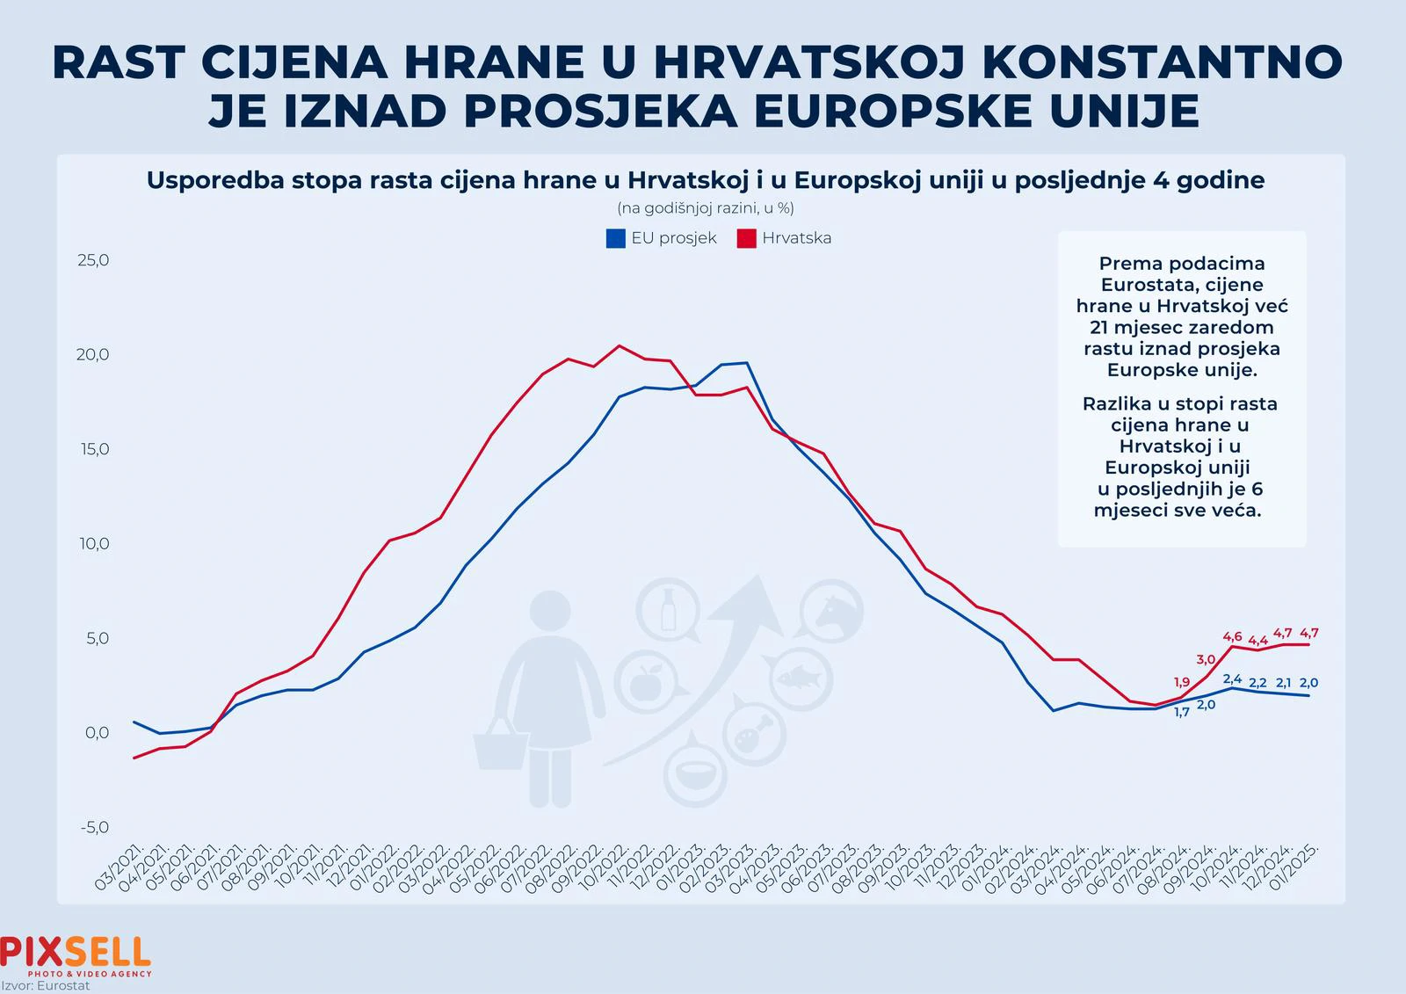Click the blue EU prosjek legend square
click(x=615, y=238)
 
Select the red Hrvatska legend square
click(x=746, y=238)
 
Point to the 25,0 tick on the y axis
click(x=94, y=260)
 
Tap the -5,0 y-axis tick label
click(x=94, y=827)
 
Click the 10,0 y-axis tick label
click(x=94, y=544)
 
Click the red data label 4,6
click(x=1232, y=636)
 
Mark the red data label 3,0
click(x=1206, y=659)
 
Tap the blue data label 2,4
click(x=1232, y=678)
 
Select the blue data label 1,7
click(x=1182, y=712)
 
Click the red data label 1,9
click(x=1182, y=682)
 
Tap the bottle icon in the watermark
click(x=669, y=608)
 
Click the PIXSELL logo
click(x=76, y=954)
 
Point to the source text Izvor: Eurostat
click(x=46, y=986)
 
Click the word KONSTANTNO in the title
click(x=1163, y=62)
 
